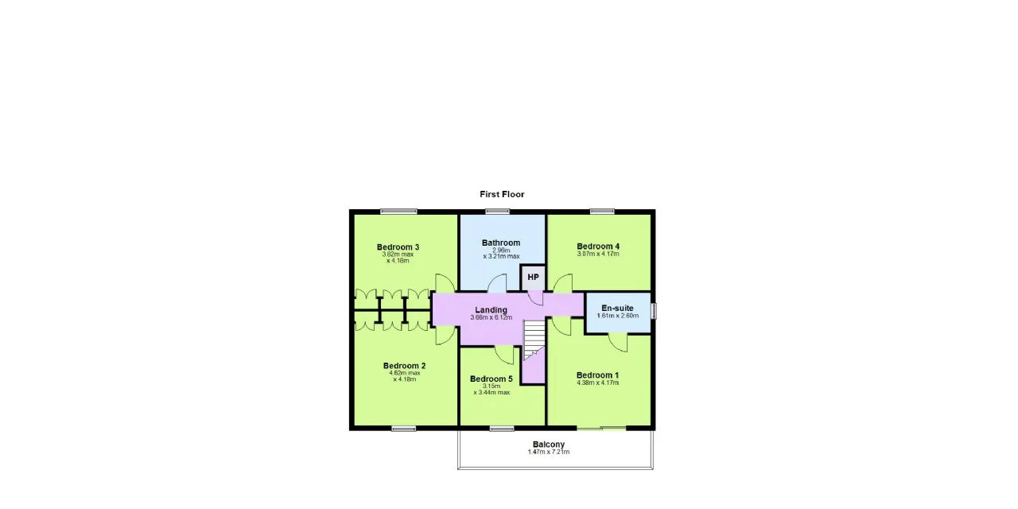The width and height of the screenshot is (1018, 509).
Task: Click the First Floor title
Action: pos(502,195)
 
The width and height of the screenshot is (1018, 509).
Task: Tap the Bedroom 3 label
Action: pos(398,247)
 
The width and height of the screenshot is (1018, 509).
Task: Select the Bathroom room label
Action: pos(501,243)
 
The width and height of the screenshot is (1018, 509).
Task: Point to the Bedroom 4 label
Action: pos(598,247)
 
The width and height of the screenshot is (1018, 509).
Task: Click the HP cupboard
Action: pos(533,278)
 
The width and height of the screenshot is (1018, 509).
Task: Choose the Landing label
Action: pos(491,310)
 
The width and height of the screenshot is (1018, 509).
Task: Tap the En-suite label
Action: pos(617,308)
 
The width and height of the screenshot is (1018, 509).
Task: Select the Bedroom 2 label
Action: pos(404,366)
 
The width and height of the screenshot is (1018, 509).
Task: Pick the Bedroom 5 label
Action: pos(492,379)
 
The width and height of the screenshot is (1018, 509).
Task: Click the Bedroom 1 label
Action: pos(597,375)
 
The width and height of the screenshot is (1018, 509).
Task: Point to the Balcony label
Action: pos(549,445)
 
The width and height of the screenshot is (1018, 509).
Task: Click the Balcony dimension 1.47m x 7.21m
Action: pos(549,452)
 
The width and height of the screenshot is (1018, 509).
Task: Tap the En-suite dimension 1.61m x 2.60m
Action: pos(618,316)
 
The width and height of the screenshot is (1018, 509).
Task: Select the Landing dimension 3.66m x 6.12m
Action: pos(492,317)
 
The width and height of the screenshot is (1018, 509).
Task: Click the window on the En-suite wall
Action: pos(654,311)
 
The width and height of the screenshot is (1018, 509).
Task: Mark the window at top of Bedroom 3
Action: pos(398,212)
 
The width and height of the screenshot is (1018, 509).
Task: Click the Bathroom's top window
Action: pos(497,212)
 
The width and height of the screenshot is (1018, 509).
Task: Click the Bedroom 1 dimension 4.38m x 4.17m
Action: pos(597,383)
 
